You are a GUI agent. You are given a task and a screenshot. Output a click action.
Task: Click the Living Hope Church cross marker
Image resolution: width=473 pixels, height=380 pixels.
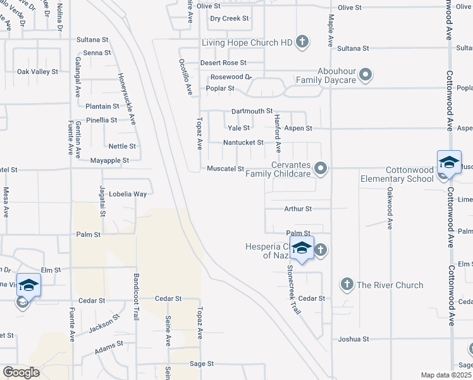[x=302, y=42]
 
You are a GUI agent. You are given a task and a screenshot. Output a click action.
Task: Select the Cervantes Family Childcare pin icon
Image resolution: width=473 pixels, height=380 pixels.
[x=321, y=168]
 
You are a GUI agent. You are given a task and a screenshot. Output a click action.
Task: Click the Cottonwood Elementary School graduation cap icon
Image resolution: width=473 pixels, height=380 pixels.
[x=449, y=163]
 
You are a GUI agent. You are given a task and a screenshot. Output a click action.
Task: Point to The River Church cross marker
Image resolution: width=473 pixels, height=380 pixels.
[x=347, y=284]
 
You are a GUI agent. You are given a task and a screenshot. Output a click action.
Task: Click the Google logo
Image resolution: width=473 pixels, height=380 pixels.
[x=20, y=372]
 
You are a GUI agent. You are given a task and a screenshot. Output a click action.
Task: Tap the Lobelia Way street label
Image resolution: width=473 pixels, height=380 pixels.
[x=128, y=194]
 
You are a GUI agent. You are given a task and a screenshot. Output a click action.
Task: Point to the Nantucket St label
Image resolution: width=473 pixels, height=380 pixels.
[x=243, y=142]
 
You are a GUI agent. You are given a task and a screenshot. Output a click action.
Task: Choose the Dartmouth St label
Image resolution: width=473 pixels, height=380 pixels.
[x=251, y=111]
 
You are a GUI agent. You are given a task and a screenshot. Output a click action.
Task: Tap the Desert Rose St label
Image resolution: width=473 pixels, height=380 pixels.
[x=223, y=63]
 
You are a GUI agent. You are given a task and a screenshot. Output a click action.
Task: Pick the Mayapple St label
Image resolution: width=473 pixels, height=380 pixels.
[x=109, y=160]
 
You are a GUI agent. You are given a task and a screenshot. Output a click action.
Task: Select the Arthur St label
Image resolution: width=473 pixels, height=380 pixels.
[x=298, y=208]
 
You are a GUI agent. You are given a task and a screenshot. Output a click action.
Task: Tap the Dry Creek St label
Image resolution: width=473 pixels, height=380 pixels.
[x=230, y=19]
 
